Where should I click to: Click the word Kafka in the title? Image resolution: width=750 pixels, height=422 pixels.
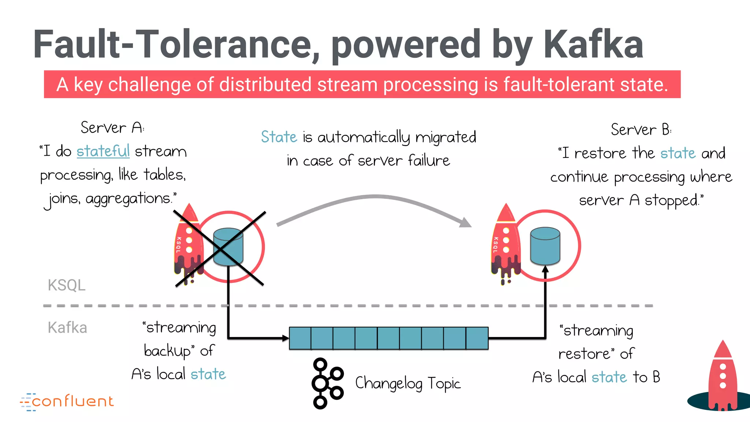(x=593, y=45)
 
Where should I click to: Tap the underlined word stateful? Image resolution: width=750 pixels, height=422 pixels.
(x=103, y=151)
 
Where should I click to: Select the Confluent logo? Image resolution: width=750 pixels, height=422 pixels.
(x=67, y=401)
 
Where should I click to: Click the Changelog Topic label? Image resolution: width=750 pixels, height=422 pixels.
(x=408, y=383)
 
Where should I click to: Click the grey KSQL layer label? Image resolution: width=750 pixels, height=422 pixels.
(x=66, y=285)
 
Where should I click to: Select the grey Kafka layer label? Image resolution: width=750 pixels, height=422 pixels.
(x=67, y=327)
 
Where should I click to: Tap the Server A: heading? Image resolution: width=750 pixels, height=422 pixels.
(x=112, y=128)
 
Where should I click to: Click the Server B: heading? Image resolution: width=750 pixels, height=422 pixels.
(x=641, y=130)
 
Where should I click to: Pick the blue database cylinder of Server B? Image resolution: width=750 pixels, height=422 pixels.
(x=545, y=246)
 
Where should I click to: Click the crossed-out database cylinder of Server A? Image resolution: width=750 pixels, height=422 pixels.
(x=228, y=247)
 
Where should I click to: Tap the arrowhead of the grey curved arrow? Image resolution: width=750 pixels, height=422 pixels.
(x=466, y=223)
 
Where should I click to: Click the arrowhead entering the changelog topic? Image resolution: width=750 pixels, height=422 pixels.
(x=285, y=338)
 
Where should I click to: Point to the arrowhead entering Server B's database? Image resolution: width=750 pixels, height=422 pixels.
(x=545, y=269)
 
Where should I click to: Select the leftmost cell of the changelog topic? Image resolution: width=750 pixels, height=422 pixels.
(x=300, y=338)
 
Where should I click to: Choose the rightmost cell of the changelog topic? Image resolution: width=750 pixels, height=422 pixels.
(x=477, y=338)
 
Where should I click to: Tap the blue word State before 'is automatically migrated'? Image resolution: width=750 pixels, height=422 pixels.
(x=279, y=137)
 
